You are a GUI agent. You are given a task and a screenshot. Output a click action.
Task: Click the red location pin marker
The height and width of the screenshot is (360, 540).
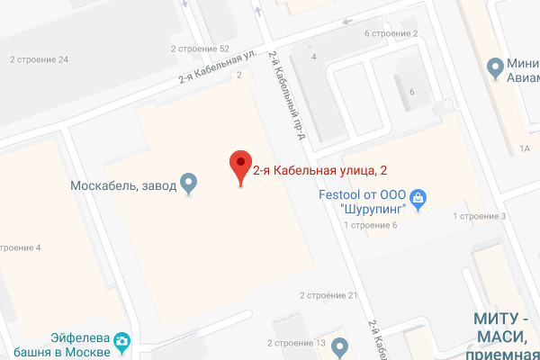(239, 166)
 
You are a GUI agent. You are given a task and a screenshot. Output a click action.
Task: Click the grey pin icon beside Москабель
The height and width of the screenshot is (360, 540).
(188, 184)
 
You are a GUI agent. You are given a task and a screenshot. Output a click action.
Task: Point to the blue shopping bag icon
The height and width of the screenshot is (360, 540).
(418, 197)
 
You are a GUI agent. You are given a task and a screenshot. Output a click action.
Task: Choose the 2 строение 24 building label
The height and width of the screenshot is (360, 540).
(39, 60)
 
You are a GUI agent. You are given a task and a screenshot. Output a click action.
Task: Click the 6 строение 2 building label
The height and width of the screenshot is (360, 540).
(391, 34)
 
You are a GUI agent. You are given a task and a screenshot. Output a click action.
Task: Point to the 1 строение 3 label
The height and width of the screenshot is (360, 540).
(480, 216)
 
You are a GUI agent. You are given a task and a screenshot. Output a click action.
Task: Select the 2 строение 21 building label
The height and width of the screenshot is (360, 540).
(328, 295)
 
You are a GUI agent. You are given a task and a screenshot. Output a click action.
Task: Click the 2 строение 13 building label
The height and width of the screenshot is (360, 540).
(296, 343)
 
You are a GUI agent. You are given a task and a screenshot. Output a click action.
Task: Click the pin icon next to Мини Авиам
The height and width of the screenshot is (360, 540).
(494, 67)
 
